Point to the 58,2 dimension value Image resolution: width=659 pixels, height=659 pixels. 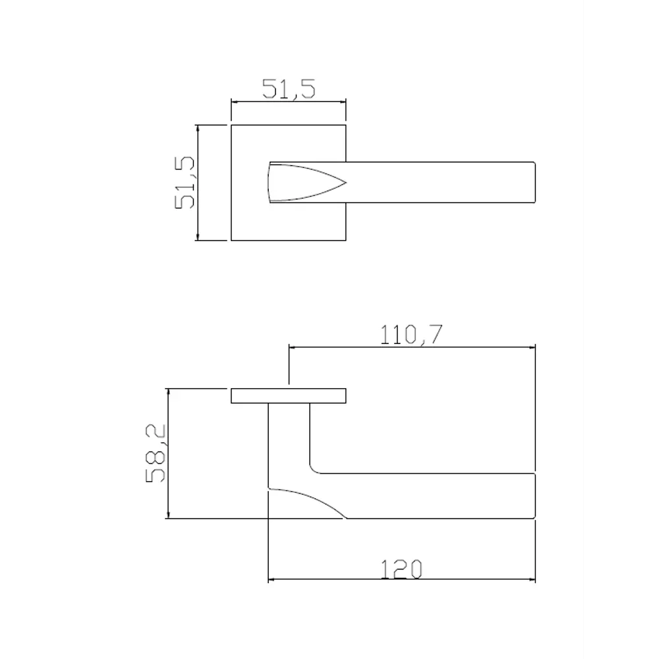point(156,453)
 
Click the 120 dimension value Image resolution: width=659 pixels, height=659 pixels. point(401,569)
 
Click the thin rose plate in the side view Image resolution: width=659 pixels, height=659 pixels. point(288,395)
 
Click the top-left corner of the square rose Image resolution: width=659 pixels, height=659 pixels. point(231,124)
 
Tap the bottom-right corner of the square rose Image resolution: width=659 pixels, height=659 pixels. point(346,240)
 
